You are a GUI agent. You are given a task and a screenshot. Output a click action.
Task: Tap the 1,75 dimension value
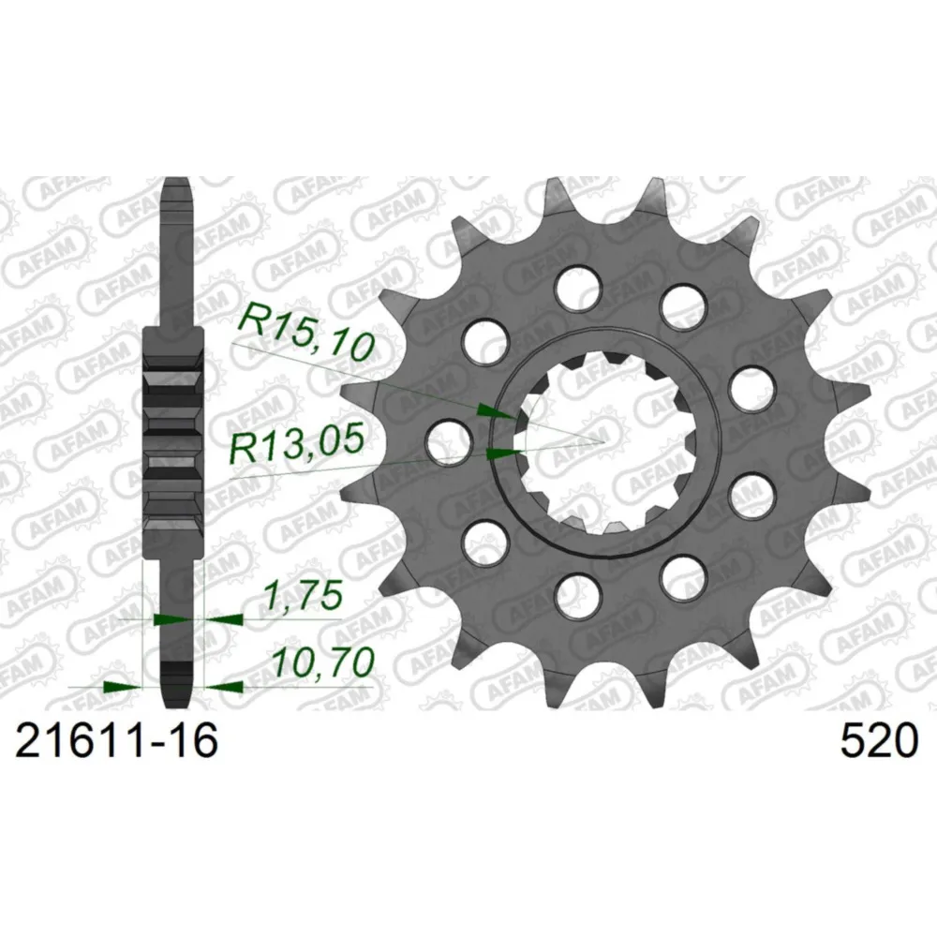304,595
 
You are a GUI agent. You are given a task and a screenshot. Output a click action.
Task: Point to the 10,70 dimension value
323,662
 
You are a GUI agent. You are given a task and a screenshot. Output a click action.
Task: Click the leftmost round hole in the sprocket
446,441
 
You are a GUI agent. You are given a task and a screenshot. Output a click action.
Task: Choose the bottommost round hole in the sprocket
576,596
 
